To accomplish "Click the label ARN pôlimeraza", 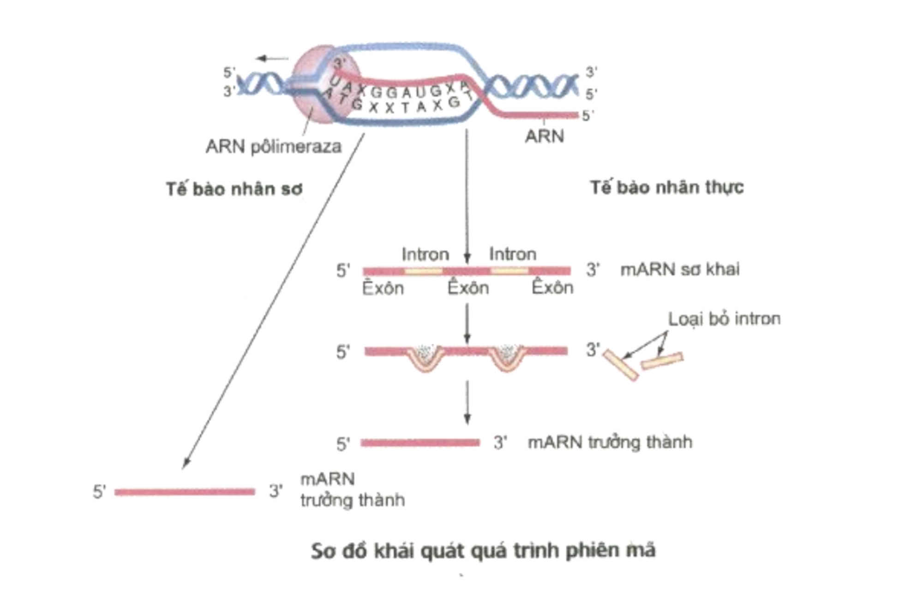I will [x=273, y=147].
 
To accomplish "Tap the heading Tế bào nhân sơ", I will [x=234, y=189].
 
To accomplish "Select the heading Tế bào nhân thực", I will [x=667, y=187].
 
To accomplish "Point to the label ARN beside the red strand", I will [x=545, y=136].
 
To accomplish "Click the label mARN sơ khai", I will [x=680, y=269].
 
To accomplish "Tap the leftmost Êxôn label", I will [x=383, y=288].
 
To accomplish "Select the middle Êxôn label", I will [x=468, y=288].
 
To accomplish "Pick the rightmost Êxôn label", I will [x=552, y=288].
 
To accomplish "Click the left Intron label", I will [x=425, y=254].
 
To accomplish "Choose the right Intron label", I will [x=512, y=254].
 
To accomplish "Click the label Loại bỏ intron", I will [x=724, y=319].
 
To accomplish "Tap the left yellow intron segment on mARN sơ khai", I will [x=423, y=271].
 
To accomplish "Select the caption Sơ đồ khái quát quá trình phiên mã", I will [x=483, y=551].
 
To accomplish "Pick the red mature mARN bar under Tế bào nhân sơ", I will [x=185, y=492].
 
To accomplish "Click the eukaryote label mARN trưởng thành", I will [x=610, y=442].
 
